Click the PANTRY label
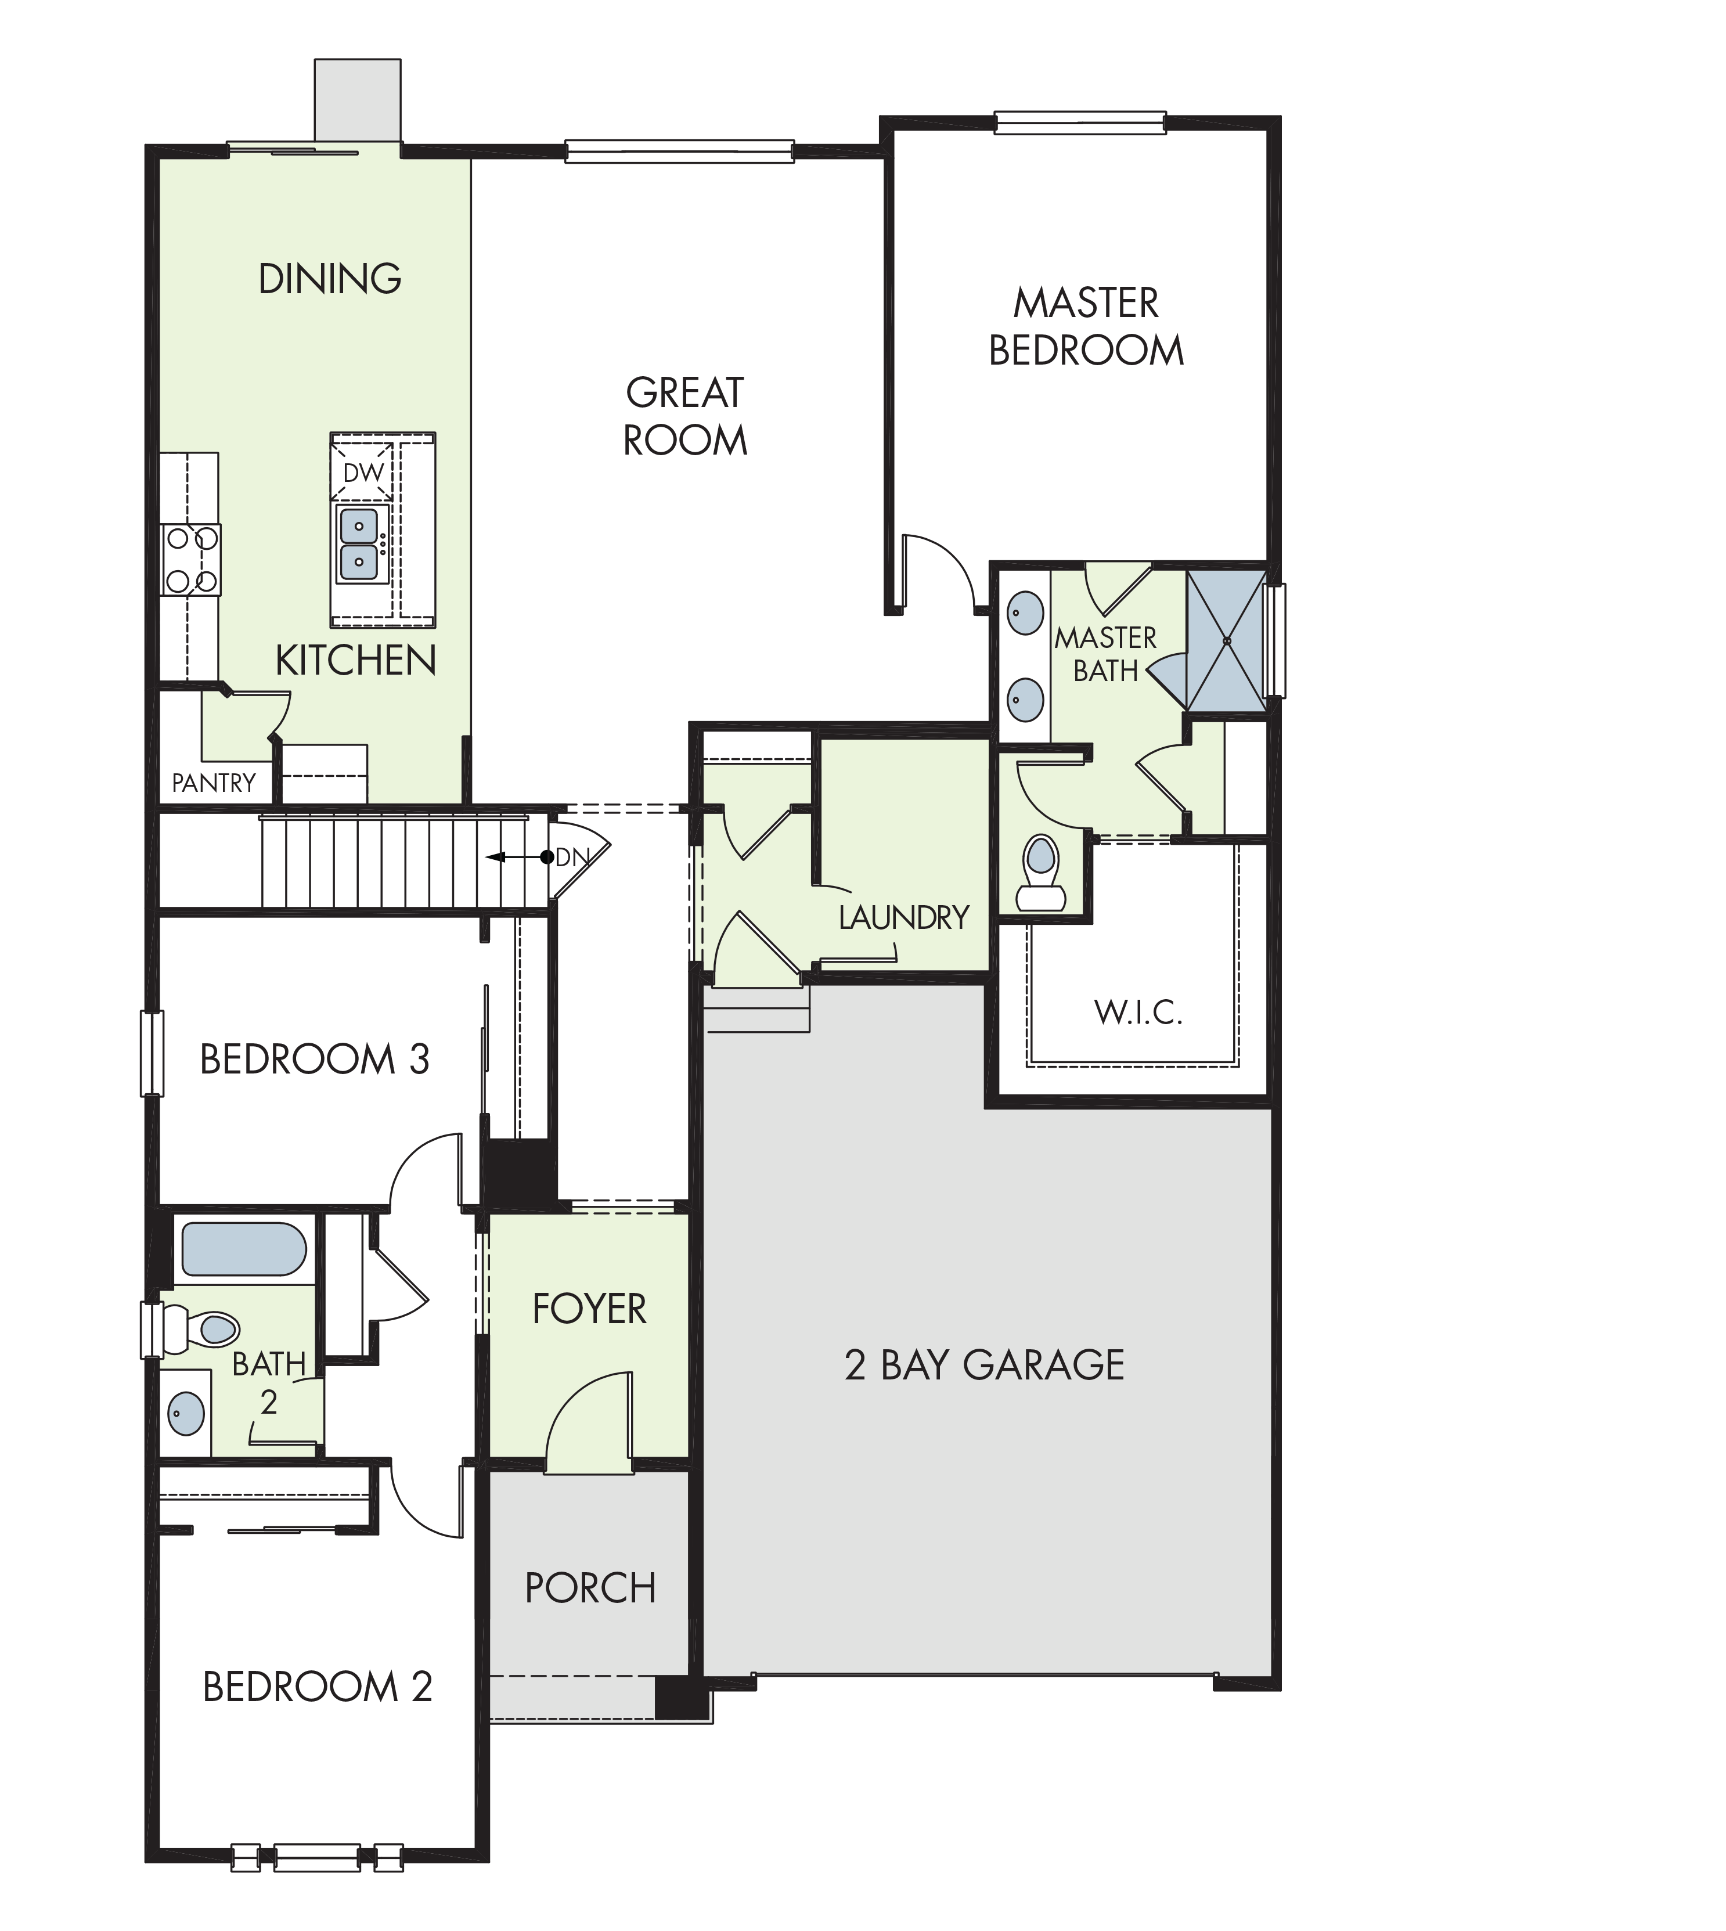pyautogui.click(x=214, y=783)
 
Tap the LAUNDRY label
pyautogui.click(x=904, y=917)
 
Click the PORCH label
pyautogui.click(x=590, y=1588)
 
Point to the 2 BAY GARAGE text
pyautogui.click(x=985, y=1366)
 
